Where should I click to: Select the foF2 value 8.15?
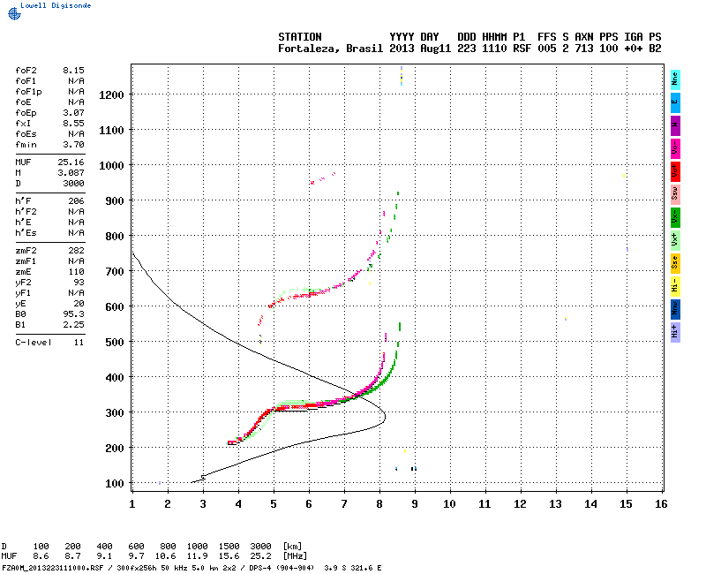tap(73, 69)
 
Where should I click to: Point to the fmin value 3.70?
tap(73, 144)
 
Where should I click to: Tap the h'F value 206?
tap(76, 201)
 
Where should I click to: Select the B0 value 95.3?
tap(73, 313)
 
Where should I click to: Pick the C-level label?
tap(30, 342)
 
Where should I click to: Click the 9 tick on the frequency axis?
tap(415, 503)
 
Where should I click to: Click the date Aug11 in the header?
tap(435, 49)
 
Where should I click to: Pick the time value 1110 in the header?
tap(494, 49)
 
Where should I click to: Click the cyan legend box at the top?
tap(675, 79)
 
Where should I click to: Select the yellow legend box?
tap(675, 285)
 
